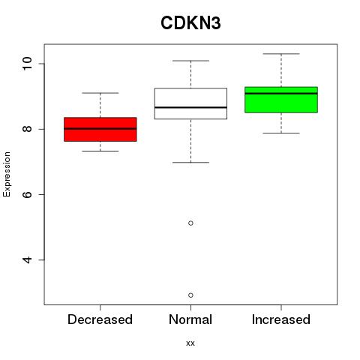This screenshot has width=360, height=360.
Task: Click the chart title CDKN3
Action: (190, 23)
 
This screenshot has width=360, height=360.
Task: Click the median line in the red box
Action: (100, 129)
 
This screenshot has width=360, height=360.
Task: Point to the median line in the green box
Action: (281, 94)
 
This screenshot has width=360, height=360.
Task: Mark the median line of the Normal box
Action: (190, 107)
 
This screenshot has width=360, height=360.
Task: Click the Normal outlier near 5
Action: (190, 223)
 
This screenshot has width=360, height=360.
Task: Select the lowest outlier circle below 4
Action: (190, 295)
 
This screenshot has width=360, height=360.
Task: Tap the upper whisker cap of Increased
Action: (281, 54)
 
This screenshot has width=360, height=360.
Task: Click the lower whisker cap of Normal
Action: (190, 163)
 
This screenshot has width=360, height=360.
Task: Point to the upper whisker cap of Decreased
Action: (100, 93)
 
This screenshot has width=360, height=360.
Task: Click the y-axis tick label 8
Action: (27, 129)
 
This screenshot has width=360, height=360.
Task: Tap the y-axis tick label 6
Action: (27, 194)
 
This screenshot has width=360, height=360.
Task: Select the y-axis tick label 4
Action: (27, 260)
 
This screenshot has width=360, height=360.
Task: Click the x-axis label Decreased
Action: (100, 319)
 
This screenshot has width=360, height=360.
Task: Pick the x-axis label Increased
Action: (281, 319)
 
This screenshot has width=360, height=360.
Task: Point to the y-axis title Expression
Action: (7, 174)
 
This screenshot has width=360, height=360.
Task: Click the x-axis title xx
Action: (190, 343)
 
